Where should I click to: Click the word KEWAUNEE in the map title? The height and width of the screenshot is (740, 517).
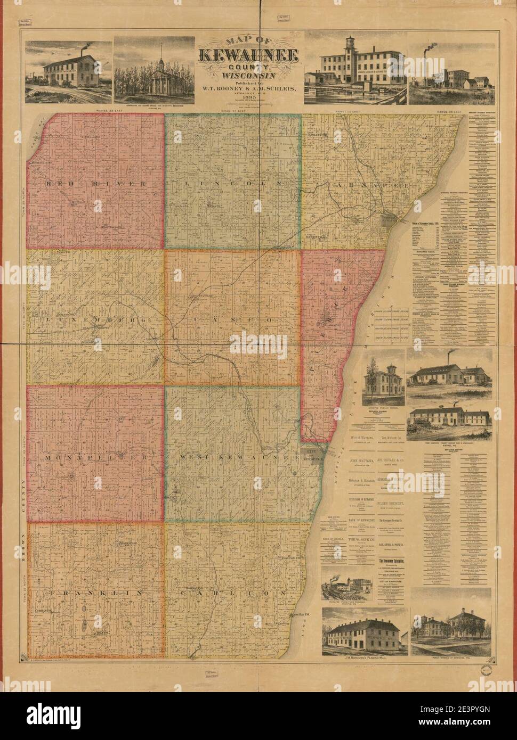click(x=249, y=55)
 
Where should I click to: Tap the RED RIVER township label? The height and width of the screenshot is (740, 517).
click(x=96, y=184)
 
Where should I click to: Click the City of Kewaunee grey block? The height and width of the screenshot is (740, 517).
click(x=312, y=454)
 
